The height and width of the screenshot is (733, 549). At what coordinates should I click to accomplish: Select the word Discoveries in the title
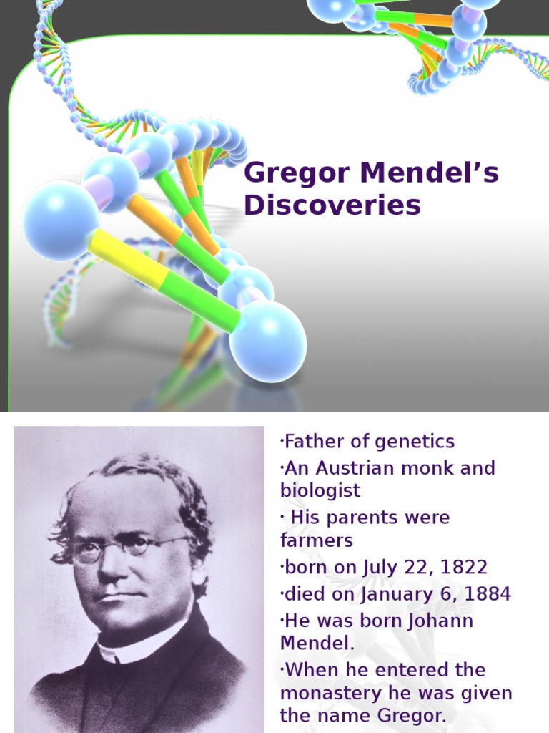coord(332,205)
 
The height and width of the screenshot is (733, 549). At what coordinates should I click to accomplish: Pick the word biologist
coord(320,491)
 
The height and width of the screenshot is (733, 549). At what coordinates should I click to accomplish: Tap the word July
coord(380,568)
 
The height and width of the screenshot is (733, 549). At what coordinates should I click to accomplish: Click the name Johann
coord(437,620)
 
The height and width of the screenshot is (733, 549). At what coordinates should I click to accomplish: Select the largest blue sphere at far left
coord(60,220)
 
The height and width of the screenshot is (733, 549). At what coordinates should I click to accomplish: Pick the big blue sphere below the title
coord(267,341)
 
